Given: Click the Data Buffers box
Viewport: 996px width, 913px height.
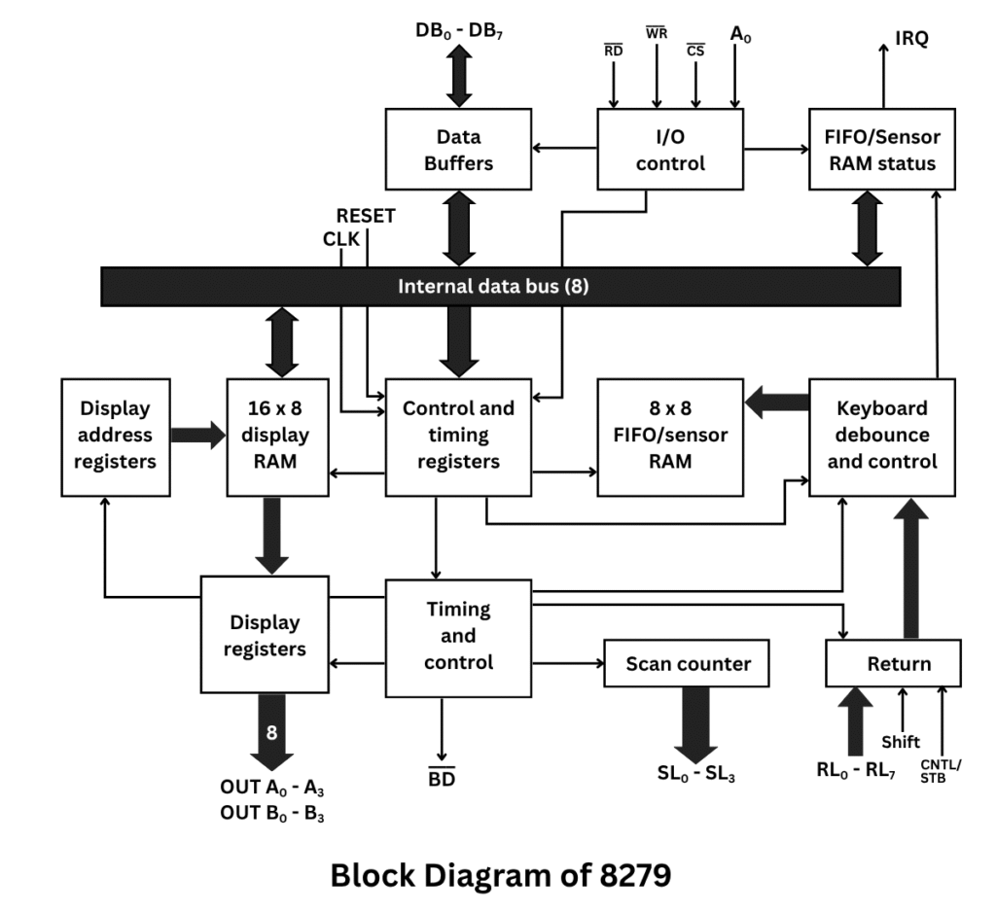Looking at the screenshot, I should click(458, 149).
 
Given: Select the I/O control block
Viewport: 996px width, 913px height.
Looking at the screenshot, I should click(669, 149).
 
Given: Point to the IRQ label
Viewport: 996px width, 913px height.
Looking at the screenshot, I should click(911, 38).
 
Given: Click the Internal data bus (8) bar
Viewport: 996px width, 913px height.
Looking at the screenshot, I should click(500, 287).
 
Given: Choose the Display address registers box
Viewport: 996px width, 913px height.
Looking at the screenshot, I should click(115, 436).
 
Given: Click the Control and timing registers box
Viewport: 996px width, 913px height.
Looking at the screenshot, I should click(458, 435).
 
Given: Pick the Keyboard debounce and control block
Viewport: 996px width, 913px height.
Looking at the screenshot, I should click(881, 436).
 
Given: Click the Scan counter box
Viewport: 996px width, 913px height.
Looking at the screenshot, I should click(687, 664).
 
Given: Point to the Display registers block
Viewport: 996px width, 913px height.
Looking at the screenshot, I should click(264, 634).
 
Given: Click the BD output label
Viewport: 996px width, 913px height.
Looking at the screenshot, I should click(443, 778).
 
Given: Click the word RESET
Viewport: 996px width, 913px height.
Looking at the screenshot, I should click(366, 216).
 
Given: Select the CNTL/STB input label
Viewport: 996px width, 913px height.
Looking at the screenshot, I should click(940, 770).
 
